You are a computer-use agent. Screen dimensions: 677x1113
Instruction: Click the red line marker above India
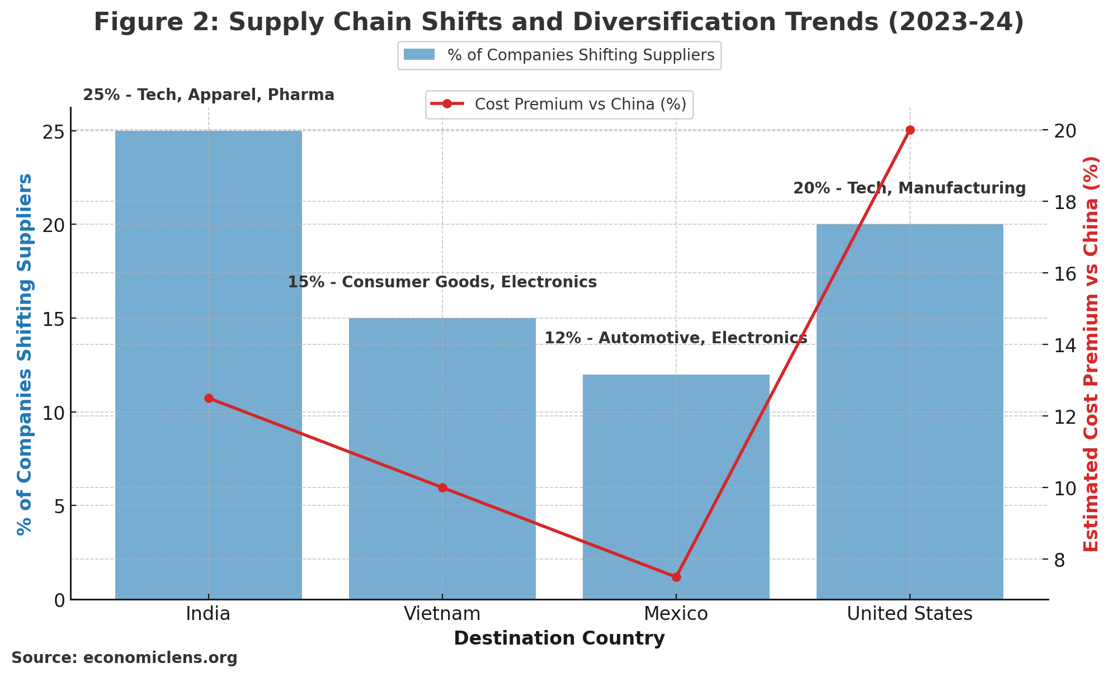point(209,398)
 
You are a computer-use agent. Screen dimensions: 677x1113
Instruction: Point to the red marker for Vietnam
point(442,487)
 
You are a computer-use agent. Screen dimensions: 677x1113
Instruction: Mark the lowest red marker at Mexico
point(676,577)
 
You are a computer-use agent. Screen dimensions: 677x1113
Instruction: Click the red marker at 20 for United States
point(910,130)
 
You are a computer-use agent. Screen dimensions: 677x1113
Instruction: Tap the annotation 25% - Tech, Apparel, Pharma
point(209,95)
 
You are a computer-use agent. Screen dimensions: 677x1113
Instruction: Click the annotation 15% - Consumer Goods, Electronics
point(442,282)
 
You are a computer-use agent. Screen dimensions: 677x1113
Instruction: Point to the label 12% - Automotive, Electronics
point(676,338)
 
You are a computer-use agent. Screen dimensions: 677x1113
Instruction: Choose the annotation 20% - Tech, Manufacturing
point(909,188)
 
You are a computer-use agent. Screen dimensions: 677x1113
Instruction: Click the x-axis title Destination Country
point(559,638)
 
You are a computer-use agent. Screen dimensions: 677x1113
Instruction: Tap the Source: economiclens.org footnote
point(124,658)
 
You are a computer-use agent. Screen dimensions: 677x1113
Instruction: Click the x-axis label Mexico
point(676,614)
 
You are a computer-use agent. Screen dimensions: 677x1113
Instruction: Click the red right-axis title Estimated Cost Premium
point(1091,353)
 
